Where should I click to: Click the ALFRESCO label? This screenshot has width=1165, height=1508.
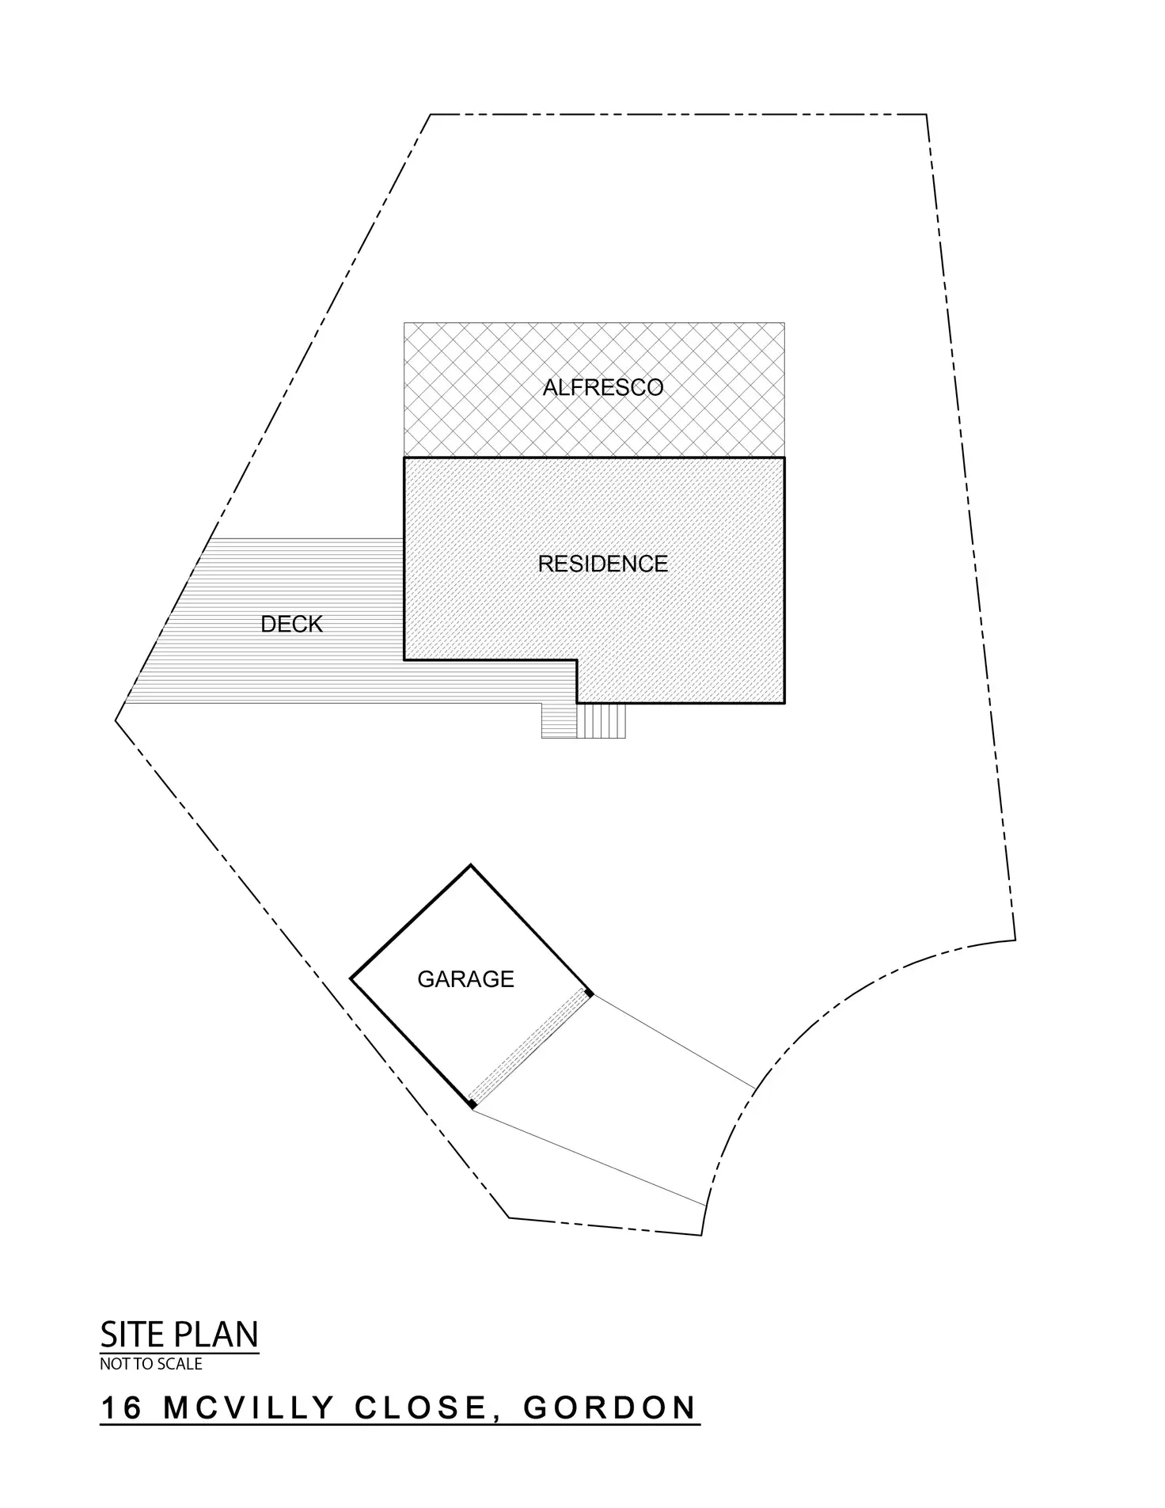602,387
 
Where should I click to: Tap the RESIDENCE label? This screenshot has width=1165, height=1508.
602,564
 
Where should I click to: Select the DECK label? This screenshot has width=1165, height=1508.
291,625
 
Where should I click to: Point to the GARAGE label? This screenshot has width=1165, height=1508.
465,979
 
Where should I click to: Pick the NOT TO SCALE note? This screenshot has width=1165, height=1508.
150,1364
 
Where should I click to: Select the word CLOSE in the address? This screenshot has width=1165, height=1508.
419,1408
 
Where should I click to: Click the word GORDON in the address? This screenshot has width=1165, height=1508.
609,1408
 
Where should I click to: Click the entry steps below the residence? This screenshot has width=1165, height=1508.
601,720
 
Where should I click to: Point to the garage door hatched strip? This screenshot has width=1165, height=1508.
529,1047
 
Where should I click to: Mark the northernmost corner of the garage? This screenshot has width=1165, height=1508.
471,865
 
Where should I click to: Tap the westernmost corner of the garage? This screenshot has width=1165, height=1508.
351,980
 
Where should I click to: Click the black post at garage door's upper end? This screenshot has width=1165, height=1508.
589,993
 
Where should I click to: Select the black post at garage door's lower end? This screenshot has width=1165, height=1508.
472,1103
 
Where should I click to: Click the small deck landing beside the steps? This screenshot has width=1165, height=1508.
559,720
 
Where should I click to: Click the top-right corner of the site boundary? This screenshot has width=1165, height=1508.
926,115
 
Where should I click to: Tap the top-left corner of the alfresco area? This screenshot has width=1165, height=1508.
404,323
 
